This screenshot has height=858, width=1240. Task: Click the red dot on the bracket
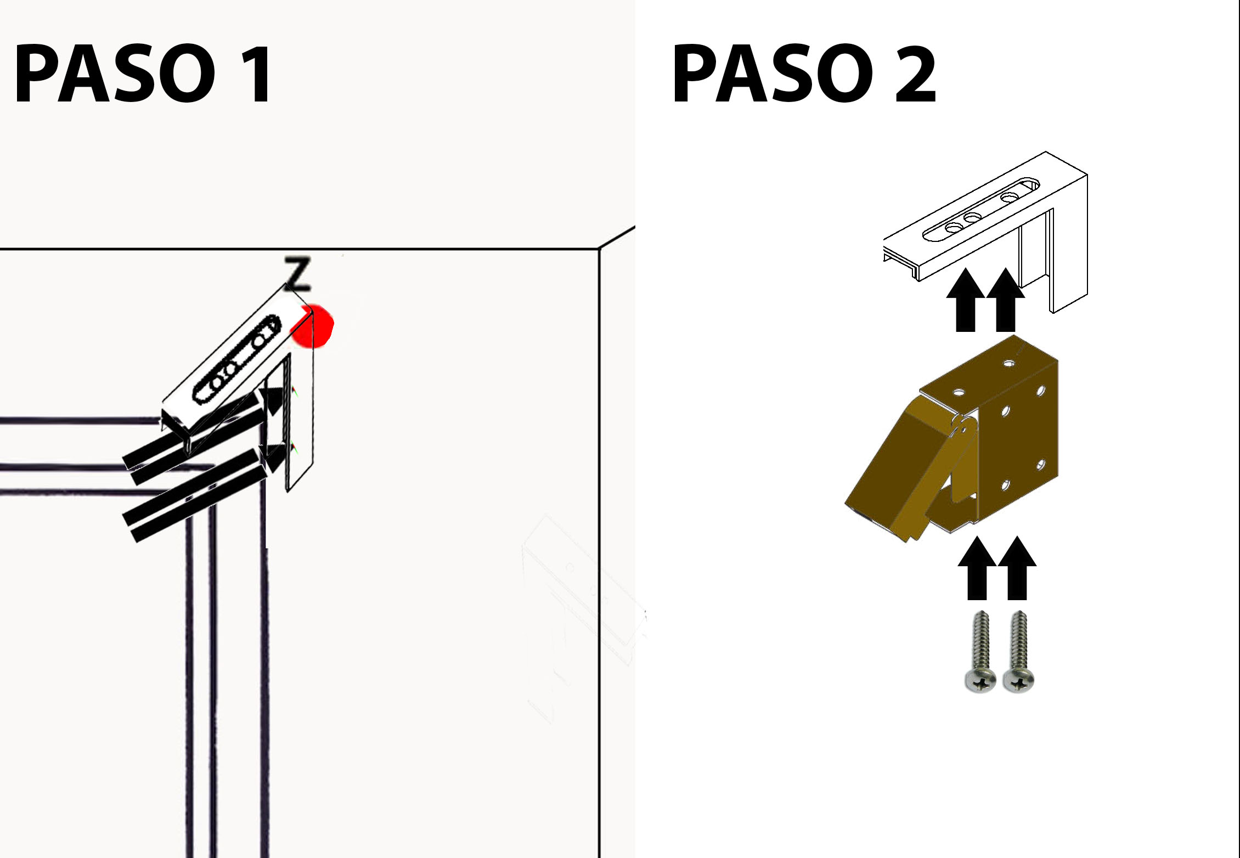[x=312, y=326]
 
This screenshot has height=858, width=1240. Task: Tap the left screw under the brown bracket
[x=980, y=652]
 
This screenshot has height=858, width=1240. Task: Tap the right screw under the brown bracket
[x=1019, y=652]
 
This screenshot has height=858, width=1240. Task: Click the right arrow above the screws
[x=1017, y=568]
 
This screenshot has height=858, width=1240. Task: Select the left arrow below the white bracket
[x=966, y=300]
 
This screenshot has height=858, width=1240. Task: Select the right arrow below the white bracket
[x=1005, y=300]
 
